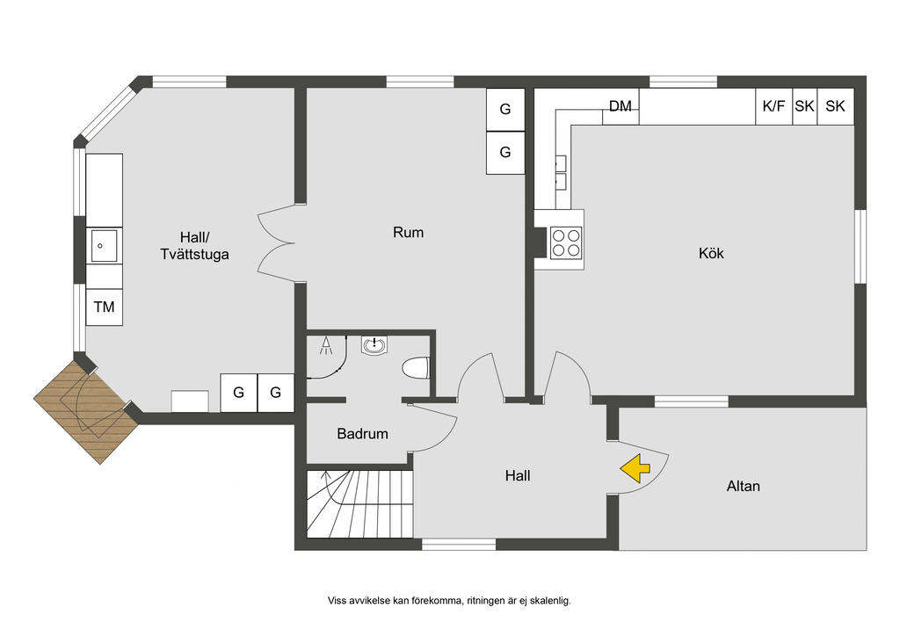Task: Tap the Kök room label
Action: point(711,253)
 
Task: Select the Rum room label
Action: point(408,232)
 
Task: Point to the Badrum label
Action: point(362,434)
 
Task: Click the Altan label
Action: point(744,486)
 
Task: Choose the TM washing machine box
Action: point(104,307)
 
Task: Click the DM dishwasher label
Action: point(620,106)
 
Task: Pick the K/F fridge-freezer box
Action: point(773,106)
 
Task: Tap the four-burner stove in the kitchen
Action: point(566,242)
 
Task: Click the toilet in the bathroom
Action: point(416,368)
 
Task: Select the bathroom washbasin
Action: point(374,345)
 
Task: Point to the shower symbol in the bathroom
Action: point(326,344)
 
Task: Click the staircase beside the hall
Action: point(359,504)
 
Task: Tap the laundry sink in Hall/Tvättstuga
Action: point(104,246)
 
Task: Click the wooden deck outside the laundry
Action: point(86,412)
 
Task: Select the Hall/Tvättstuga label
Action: point(194,245)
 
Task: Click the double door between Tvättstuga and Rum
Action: point(277,243)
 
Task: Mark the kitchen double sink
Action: point(561,173)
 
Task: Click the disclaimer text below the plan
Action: point(449,601)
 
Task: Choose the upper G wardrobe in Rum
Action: point(505,109)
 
